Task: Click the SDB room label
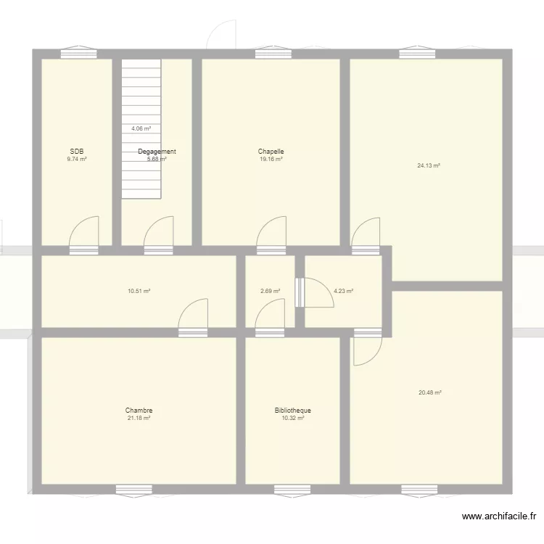77,152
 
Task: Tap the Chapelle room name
271,152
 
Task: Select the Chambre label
139,411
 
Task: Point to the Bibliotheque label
293,411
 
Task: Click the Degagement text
157,152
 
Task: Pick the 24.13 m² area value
429,165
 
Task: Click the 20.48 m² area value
429,392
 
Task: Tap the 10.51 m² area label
139,292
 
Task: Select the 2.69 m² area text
270,292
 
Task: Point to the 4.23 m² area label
343,292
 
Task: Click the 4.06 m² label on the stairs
141,128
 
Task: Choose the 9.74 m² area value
77,159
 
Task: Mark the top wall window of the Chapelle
273,53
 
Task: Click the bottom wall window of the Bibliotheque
292,489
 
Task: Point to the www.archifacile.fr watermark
499,516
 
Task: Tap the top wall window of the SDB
78,53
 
